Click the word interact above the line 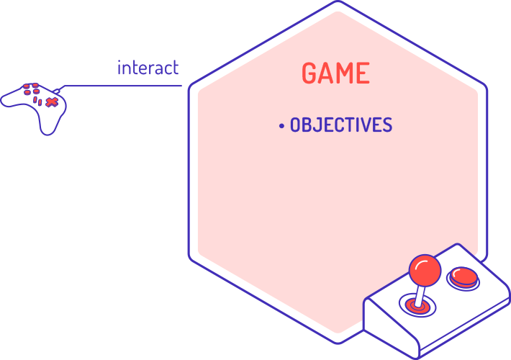click(148, 68)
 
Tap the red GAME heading click(335, 73)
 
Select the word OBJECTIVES click(341, 125)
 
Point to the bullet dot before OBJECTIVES click(281, 126)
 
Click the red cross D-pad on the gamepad click(52, 102)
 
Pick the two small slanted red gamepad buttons click(38, 102)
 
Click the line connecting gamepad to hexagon click(122, 86)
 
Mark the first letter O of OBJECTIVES click(296, 125)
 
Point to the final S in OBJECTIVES click(387, 125)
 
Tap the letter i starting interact click(119, 68)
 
